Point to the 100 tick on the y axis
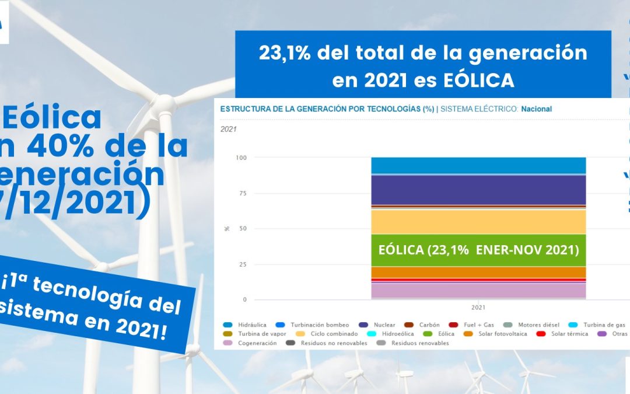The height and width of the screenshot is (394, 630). [x=240, y=158]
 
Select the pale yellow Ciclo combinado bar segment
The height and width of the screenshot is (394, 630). [x=478, y=222]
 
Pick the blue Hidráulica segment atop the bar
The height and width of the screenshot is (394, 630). [x=478, y=166]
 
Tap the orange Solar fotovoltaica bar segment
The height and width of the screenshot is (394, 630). [x=478, y=272]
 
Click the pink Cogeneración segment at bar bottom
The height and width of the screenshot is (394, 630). [x=478, y=290]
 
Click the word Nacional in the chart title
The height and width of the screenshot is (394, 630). [x=536, y=109]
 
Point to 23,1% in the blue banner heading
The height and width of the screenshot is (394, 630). [x=285, y=54]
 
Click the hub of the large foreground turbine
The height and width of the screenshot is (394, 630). [x=164, y=106]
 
